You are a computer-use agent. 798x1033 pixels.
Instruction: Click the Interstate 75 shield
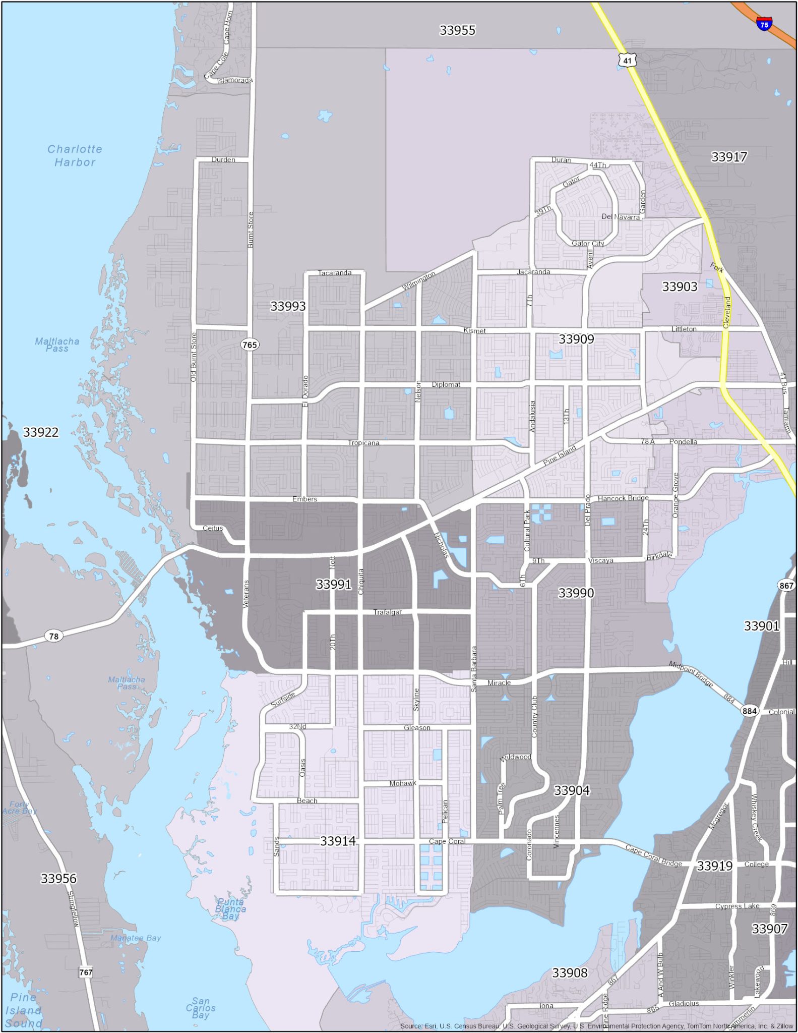[x=764, y=24]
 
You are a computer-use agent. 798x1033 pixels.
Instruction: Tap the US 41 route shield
[x=627, y=61]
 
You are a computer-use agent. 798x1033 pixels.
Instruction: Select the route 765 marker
[x=250, y=345]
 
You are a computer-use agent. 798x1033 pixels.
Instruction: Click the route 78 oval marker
[x=53, y=636]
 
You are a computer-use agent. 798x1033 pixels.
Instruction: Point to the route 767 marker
[x=86, y=972]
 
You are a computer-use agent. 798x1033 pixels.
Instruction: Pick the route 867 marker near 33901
[x=786, y=586]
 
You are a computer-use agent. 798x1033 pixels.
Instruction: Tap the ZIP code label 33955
[x=457, y=30]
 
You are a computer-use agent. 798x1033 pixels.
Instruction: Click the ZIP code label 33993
[x=288, y=306]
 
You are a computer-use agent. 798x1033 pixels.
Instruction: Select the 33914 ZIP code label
[x=338, y=841]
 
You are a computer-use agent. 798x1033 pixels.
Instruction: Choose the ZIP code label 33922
[x=41, y=432]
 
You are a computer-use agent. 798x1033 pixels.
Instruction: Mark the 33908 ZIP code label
[x=570, y=973]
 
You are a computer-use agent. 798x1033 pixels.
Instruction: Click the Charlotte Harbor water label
[x=75, y=156]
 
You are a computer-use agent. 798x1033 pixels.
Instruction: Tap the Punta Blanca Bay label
[x=230, y=909]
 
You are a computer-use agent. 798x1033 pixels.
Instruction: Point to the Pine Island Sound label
[x=24, y=1010]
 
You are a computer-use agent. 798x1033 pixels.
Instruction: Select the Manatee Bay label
[x=136, y=938]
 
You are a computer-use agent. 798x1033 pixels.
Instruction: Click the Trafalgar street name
[x=387, y=612]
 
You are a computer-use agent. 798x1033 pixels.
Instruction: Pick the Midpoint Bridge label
[x=691, y=673]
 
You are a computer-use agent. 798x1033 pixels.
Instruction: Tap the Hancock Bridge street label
[x=623, y=498]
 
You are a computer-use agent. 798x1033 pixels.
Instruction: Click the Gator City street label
[x=588, y=243]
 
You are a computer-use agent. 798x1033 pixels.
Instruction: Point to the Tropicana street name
[x=363, y=443]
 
